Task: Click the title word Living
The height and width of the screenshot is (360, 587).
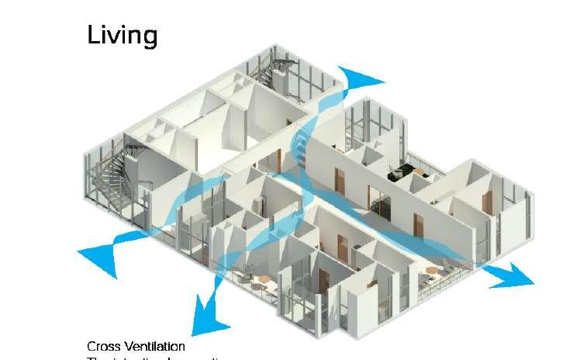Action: pos(122,35)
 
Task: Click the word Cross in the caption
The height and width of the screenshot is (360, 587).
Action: pos(103,346)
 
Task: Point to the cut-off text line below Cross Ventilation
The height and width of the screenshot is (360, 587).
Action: pos(155,358)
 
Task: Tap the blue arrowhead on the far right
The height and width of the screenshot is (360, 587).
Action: pos(512,274)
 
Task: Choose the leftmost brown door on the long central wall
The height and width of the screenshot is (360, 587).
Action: pos(339,181)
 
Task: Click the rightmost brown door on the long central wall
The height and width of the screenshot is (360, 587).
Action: pos(419,225)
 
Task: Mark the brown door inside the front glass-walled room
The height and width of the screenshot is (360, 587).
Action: pos(323,284)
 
